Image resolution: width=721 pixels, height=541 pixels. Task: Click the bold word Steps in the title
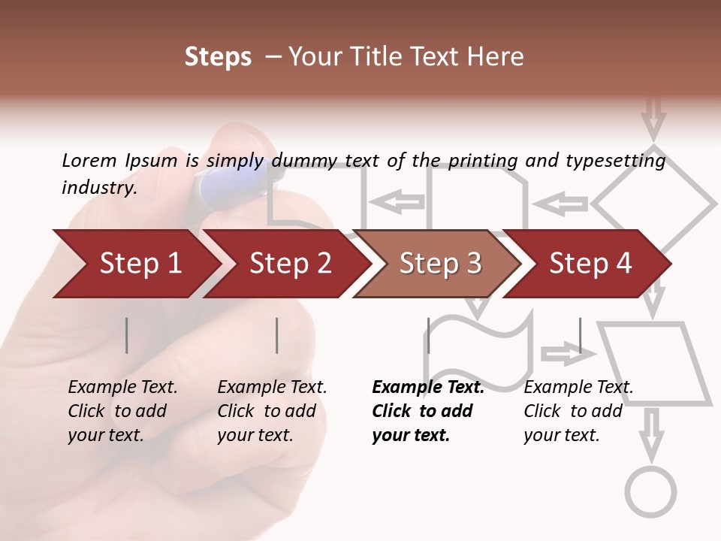[218, 57]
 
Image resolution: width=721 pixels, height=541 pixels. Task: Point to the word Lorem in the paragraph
[89, 160]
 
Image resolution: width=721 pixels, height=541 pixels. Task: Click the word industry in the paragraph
[98, 188]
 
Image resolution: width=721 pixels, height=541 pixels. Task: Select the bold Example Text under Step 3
[428, 388]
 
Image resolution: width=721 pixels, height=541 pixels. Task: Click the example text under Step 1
[122, 411]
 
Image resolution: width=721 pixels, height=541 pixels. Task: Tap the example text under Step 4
[578, 411]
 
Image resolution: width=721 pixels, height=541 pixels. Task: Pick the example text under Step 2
[272, 411]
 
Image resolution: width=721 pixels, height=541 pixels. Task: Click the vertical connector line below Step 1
[127, 335]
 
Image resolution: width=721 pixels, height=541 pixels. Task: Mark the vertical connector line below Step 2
[277, 335]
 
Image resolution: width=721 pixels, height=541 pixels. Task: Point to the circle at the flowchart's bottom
[651, 491]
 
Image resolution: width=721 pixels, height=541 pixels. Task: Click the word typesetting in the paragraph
[615, 160]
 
